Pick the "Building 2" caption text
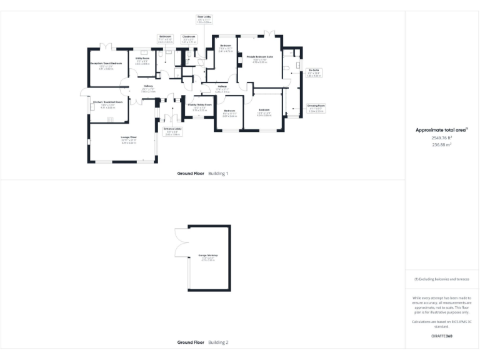[x=218, y=342]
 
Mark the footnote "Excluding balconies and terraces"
[x=442, y=279]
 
